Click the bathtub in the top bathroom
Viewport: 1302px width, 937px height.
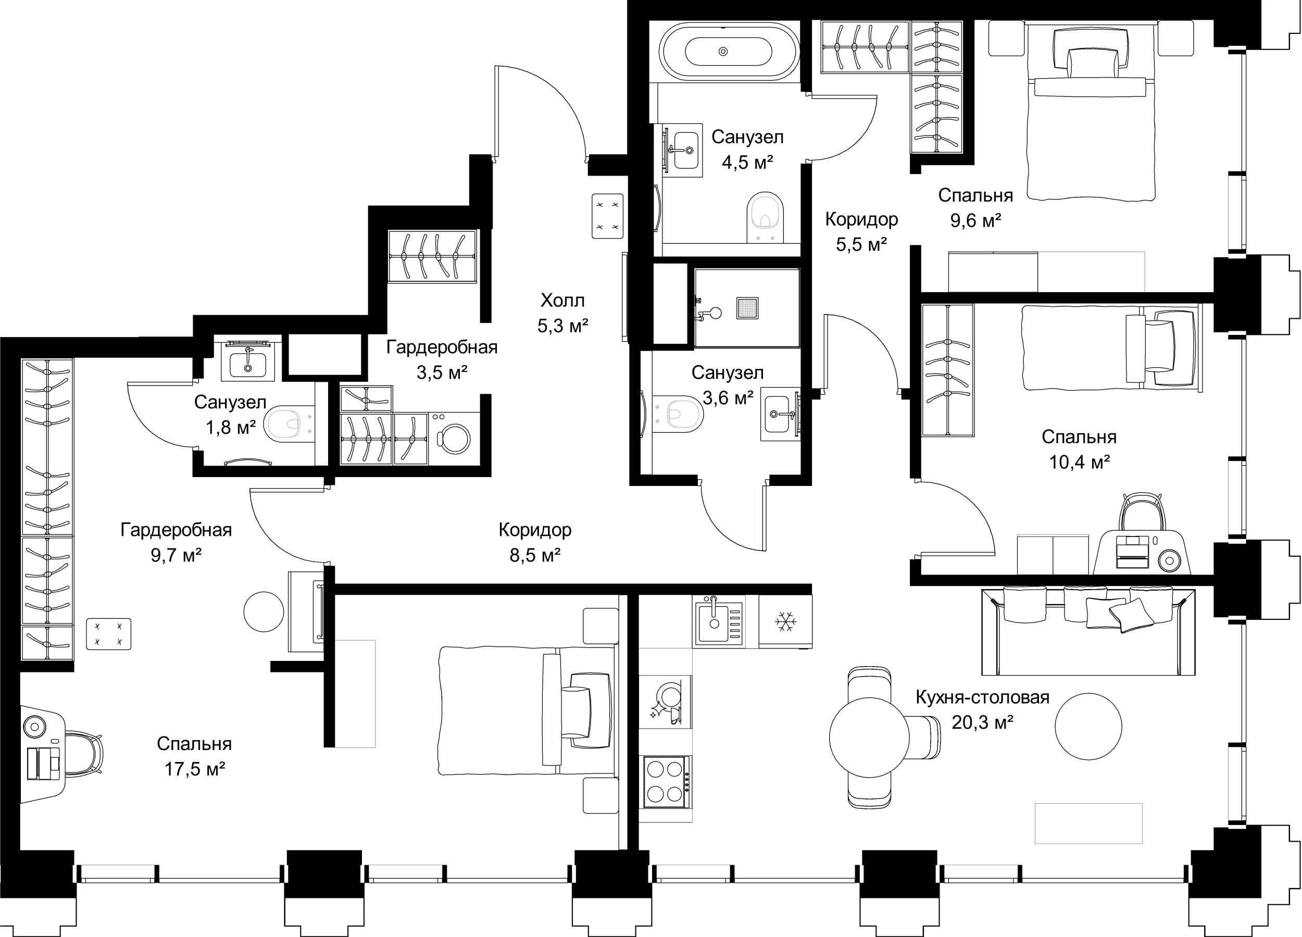pos(729,52)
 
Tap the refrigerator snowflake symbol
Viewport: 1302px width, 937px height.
pos(785,621)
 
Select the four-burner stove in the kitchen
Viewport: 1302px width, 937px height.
pos(667,782)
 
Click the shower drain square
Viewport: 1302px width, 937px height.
pos(747,309)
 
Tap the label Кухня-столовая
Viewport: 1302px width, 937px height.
pos(982,697)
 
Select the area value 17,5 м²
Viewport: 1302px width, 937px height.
pos(195,769)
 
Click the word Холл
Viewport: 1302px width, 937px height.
pos(562,301)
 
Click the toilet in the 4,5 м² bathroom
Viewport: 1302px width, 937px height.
pos(765,217)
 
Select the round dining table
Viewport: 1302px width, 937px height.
pos(869,737)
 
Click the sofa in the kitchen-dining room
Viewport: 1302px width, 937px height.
pos(1088,632)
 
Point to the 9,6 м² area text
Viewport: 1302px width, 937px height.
pos(976,220)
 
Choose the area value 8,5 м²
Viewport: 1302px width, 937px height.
pos(535,555)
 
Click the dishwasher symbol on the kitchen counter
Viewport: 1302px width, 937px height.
pos(666,702)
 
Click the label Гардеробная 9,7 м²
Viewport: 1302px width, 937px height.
pos(176,542)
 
